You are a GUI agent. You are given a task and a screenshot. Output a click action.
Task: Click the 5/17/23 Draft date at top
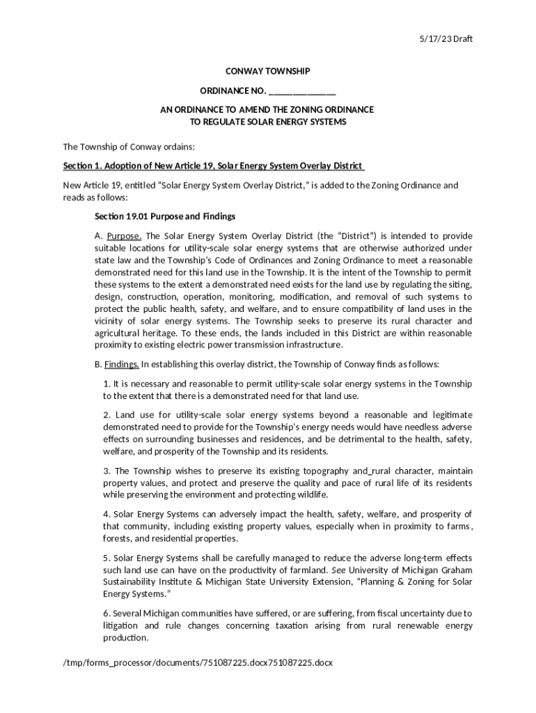tap(447, 38)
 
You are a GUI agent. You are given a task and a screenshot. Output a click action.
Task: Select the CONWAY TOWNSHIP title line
tap(267, 72)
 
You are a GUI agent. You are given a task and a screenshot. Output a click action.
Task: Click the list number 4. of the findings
tap(107, 515)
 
